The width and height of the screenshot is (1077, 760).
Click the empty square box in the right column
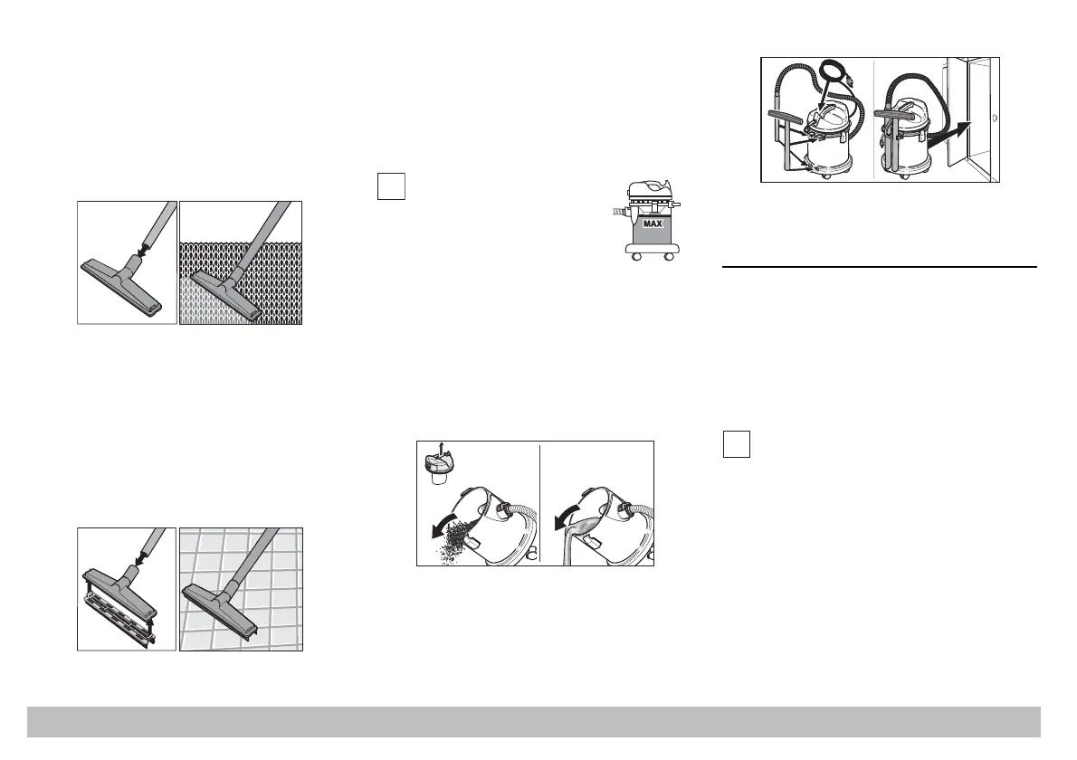[x=736, y=444]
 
